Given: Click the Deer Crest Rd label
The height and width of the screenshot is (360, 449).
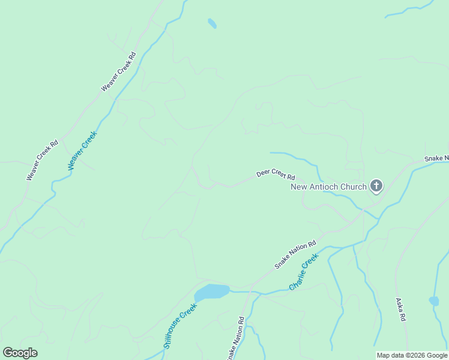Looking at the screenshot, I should tap(276, 175).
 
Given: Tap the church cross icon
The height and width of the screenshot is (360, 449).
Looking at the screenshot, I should tap(376, 186).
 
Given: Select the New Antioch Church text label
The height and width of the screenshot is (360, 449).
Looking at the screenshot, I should tap(328, 187).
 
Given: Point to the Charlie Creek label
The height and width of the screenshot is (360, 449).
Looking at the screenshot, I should tap(303, 272).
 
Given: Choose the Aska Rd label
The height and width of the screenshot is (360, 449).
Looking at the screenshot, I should tap(401, 310).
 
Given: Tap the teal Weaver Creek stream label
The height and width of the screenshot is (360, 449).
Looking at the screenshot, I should tap(82, 151).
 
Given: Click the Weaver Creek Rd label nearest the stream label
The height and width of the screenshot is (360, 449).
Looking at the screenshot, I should tap(42, 160).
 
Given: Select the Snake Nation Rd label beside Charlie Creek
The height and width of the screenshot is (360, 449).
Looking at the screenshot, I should tap(295, 255).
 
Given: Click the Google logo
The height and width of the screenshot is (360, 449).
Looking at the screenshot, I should tap(20, 353).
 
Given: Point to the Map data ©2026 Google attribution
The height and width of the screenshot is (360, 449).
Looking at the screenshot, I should tap(412, 355).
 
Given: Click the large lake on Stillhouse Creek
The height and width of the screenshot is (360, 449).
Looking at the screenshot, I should tap(211, 292).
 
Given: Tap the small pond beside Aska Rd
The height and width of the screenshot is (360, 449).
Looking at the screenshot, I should tap(434, 301).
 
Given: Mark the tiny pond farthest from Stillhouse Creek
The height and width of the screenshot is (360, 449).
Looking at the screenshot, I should tap(212, 23).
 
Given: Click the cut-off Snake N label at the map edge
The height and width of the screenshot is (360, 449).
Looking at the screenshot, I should tap(436, 158).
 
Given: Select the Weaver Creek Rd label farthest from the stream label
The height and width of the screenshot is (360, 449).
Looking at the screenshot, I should tap(119, 71).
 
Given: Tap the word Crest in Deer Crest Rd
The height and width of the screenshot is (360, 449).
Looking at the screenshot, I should tap(277, 174).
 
